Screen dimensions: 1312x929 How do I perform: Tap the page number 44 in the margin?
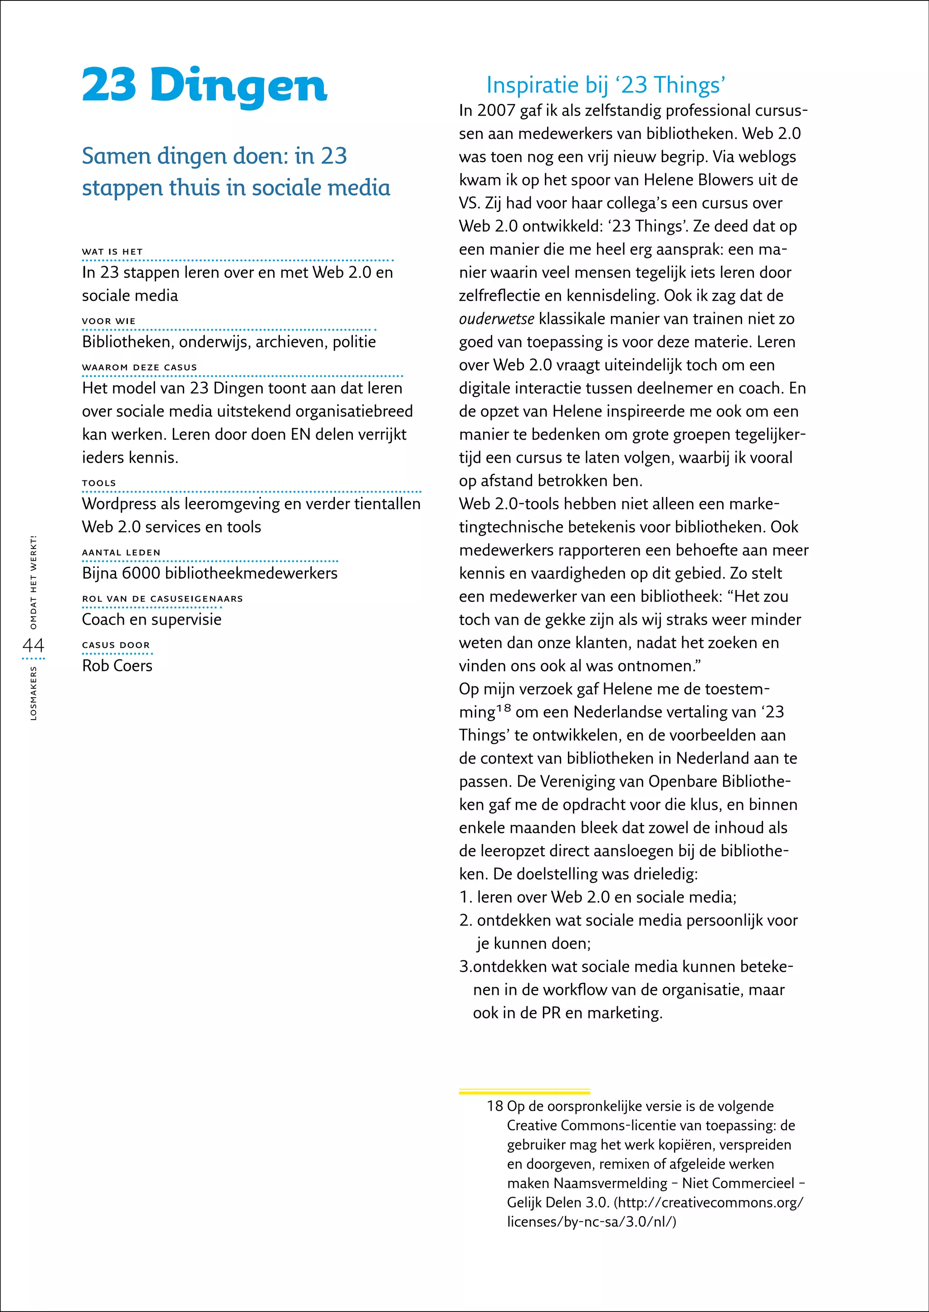tap(33, 646)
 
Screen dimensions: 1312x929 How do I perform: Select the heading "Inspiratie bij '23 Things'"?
tap(605, 85)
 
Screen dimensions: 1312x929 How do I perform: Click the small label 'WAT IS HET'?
tap(112, 252)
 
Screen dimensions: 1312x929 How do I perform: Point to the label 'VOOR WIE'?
tap(109, 321)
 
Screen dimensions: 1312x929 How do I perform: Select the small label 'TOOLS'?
tap(99, 483)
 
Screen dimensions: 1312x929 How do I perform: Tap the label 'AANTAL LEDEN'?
tap(121, 552)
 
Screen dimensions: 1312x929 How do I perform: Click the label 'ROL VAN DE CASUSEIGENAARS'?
tap(162, 598)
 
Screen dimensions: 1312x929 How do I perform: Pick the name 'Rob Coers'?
tap(117, 666)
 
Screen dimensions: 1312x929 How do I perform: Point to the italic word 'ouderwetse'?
tap(497, 319)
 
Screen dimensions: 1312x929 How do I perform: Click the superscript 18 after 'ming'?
tap(504, 708)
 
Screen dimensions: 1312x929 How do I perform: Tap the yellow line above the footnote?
tap(524, 1092)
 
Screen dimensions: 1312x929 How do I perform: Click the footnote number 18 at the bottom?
tap(495, 1106)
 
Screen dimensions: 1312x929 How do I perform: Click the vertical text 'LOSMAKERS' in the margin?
tap(33, 692)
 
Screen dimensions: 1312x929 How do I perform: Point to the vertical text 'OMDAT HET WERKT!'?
tap(33, 582)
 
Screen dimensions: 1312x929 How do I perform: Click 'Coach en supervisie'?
tap(152, 619)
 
